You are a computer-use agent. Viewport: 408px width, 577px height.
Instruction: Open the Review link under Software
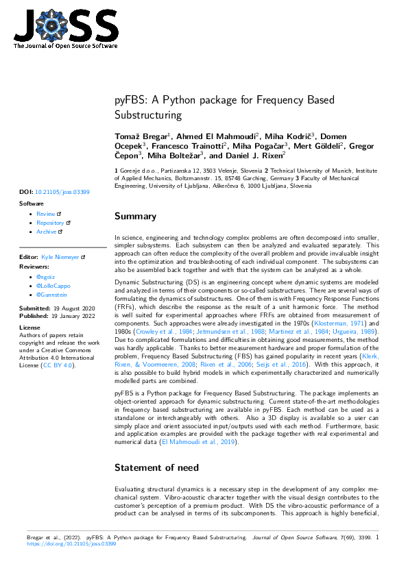45,214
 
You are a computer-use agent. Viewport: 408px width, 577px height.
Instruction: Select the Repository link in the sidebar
50,223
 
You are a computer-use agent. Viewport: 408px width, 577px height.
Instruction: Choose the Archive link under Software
47,232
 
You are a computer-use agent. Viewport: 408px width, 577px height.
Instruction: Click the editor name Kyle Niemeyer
61,256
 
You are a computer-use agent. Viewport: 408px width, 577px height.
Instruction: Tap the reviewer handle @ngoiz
45,275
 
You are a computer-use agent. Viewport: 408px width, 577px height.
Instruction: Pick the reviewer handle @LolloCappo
51,284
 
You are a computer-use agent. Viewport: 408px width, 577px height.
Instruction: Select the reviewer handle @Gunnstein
51,293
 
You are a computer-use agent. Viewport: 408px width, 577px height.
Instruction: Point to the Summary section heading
135,217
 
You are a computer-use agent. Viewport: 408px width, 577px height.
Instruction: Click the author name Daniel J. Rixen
259,156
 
